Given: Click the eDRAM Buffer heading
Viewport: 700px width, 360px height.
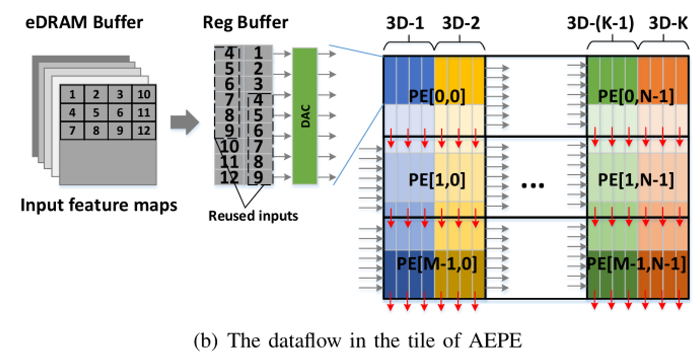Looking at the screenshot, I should (x=84, y=22).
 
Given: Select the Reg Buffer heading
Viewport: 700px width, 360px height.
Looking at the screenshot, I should (x=245, y=22).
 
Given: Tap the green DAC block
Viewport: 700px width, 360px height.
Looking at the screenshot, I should (x=305, y=116).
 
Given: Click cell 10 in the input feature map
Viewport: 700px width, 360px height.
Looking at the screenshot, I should (x=144, y=94).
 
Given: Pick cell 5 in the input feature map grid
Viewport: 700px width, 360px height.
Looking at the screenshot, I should (x=96, y=112).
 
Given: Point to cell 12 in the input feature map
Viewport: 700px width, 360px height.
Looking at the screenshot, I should (x=144, y=131).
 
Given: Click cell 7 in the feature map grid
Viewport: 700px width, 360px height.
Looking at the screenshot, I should (x=72, y=131).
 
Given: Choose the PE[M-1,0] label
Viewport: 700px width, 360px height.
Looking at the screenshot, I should (x=437, y=264).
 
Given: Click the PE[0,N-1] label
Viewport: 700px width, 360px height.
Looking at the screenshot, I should (x=636, y=96).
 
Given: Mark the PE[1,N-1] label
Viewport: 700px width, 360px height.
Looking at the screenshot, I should (x=636, y=180).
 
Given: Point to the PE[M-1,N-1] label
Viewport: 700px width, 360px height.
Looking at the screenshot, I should (x=636, y=264).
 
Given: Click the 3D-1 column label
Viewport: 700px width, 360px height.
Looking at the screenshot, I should (x=405, y=23).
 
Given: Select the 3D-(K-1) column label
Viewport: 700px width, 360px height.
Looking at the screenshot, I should (x=600, y=23).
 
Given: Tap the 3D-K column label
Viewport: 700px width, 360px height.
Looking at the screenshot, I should (x=668, y=23).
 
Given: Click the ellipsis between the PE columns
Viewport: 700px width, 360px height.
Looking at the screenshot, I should (x=533, y=185).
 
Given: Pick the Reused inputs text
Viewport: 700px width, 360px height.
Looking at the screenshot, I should (x=253, y=215).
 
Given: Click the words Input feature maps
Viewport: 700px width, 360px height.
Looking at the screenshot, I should (x=99, y=205).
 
